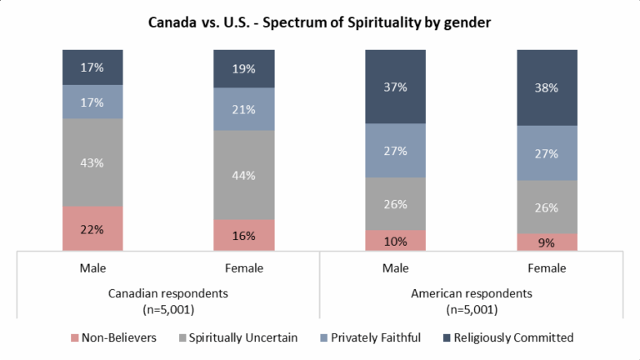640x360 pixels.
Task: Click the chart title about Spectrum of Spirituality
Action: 320,22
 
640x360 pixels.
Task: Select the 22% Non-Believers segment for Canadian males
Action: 92,228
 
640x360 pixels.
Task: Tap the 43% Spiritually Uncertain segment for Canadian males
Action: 92,162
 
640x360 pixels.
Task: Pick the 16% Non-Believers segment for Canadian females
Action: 244,235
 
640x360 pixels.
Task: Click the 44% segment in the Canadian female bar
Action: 244,175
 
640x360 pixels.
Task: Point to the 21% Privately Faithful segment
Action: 244,109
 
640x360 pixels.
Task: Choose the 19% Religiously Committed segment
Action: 244,69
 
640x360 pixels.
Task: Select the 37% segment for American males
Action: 396,87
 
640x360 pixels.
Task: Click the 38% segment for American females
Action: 547,87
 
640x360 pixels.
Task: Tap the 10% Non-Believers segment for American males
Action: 396,241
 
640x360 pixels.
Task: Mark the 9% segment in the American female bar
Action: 547,242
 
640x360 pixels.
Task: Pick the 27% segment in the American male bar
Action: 396,151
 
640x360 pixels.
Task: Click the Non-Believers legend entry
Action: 107,337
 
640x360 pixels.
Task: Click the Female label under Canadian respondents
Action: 244,268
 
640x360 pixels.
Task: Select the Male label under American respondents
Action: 396,268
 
